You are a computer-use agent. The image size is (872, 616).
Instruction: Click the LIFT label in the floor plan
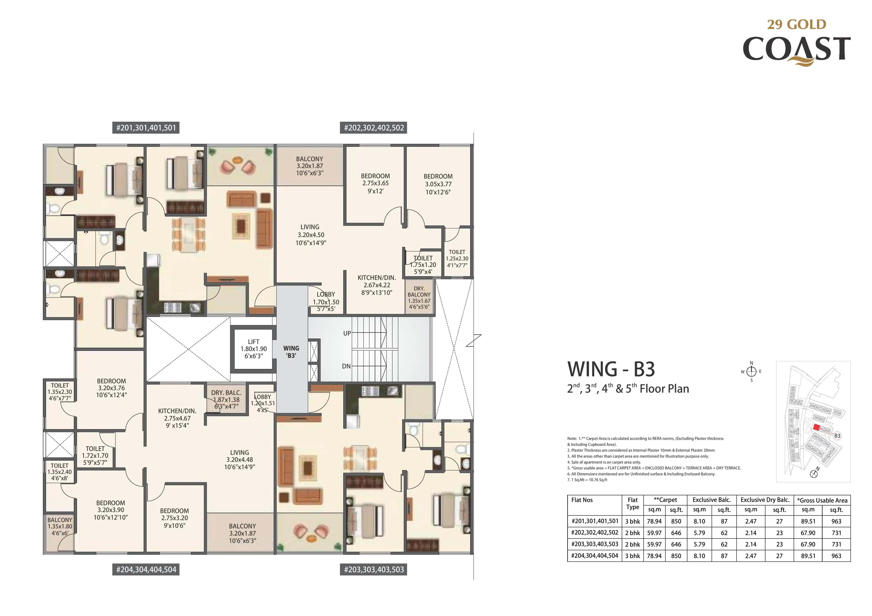click(x=253, y=342)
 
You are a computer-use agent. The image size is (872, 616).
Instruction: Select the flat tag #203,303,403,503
click(x=374, y=569)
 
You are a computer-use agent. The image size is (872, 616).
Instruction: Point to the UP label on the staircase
click(x=347, y=333)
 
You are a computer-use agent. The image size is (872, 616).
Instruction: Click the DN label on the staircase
click(x=346, y=366)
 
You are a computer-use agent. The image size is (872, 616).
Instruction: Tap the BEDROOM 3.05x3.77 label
click(x=438, y=184)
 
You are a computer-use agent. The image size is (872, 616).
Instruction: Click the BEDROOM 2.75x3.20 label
click(x=174, y=518)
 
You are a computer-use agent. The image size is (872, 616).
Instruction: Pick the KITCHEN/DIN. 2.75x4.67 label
click(x=177, y=418)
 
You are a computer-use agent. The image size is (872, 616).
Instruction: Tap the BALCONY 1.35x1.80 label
click(x=60, y=526)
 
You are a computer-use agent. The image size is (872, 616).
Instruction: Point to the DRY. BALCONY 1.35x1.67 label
click(x=419, y=297)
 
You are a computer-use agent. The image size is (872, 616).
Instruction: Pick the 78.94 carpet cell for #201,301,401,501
click(x=654, y=521)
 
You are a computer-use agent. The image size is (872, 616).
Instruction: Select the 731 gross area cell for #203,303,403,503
click(x=836, y=544)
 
